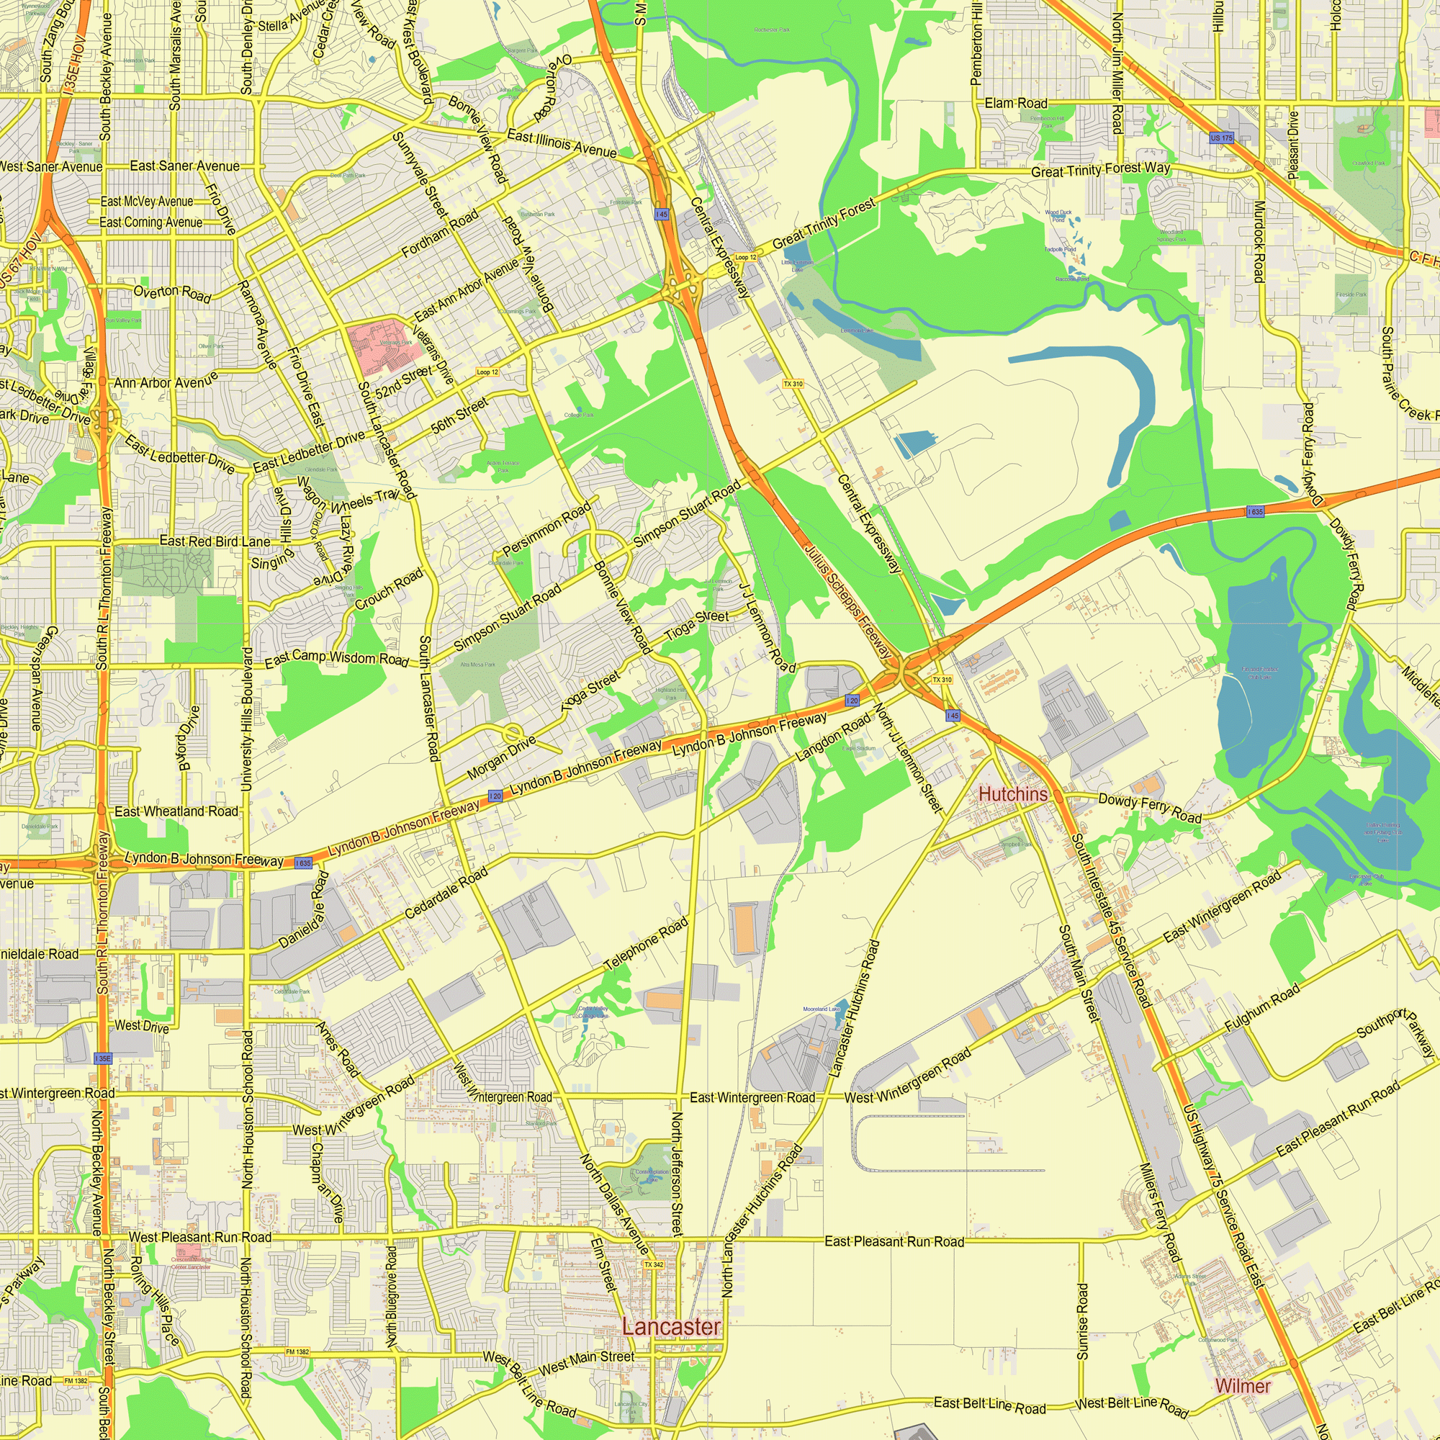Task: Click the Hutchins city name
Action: click(x=1012, y=795)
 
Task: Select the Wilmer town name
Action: click(x=1243, y=1386)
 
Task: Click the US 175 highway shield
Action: click(x=1221, y=138)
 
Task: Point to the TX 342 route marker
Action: click(x=654, y=1265)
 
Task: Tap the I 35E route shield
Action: click(x=103, y=1058)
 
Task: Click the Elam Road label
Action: click(x=1015, y=103)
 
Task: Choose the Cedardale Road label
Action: click(x=446, y=893)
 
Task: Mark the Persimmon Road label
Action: click(x=546, y=528)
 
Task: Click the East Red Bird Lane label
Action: click(x=215, y=541)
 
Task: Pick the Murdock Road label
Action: click(x=1259, y=241)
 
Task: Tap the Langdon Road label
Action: click(x=832, y=737)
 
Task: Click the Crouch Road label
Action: click(x=389, y=589)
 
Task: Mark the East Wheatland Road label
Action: click(x=176, y=811)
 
